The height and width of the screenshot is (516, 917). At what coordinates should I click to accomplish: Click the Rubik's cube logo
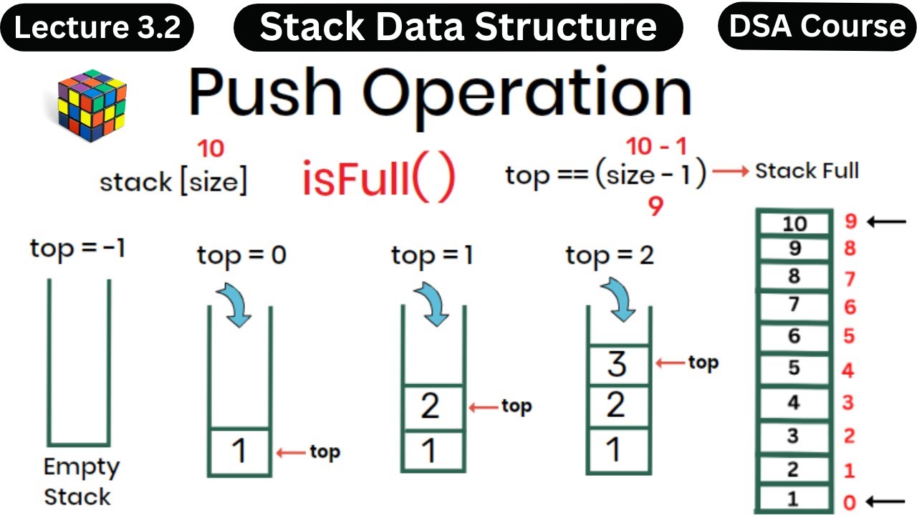point(92,105)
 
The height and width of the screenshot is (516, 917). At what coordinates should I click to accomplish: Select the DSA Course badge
point(817,26)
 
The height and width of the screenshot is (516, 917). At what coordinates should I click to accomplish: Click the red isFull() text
point(378,181)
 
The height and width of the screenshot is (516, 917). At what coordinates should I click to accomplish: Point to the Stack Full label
point(807,171)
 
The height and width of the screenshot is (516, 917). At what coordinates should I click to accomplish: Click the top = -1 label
point(77,249)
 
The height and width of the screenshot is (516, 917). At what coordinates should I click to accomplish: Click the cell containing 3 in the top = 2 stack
point(617,364)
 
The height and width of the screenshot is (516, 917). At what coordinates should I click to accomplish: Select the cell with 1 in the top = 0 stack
point(239,451)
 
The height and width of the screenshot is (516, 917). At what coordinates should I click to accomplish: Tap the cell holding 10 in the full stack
point(793,224)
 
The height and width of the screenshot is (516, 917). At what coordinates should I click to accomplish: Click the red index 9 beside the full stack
point(850,221)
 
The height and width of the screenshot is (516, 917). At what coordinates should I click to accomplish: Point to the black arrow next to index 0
point(887,500)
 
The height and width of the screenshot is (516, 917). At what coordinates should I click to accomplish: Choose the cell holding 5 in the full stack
point(793,368)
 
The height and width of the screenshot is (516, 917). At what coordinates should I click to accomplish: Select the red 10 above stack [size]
point(211,148)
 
